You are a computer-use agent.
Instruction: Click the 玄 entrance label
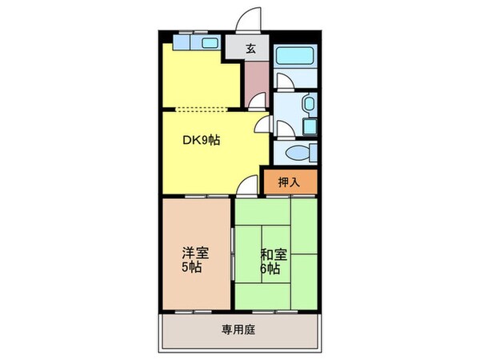[250, 48]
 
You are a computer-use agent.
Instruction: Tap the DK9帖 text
[202, 141]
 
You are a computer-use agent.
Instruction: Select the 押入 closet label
[289, 182]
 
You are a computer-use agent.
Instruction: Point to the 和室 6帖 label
[273, 261]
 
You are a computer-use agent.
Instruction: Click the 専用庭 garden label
[239, 329]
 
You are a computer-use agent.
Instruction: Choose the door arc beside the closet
[249, 185]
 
